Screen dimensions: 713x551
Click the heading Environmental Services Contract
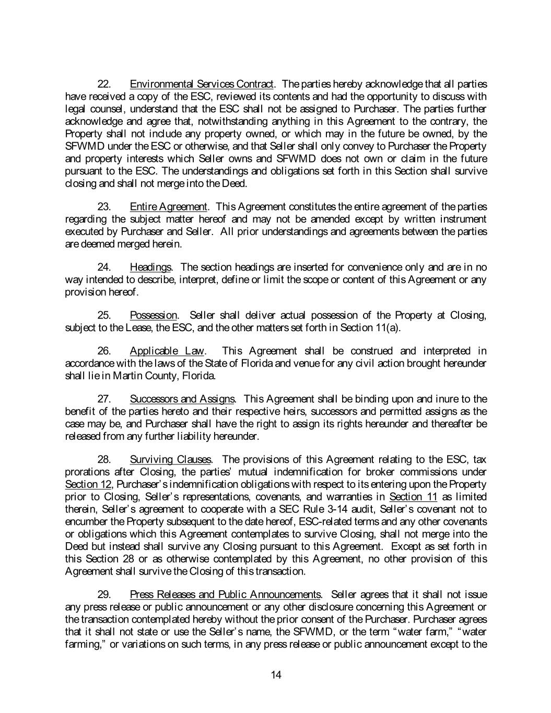coord(202,84)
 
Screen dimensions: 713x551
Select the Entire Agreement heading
coord(168,207)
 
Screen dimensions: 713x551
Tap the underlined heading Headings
coord(150,267)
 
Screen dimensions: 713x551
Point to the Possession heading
coord(153,315)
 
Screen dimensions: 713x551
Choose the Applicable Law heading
coord(167,351)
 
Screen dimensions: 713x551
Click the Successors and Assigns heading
coord(182,400)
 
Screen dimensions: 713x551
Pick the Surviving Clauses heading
coord(170,460)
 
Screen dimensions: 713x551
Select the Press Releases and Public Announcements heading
coord(225,595)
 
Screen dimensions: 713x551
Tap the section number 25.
coord(104,315)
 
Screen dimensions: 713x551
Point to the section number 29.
coord(104,595)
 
